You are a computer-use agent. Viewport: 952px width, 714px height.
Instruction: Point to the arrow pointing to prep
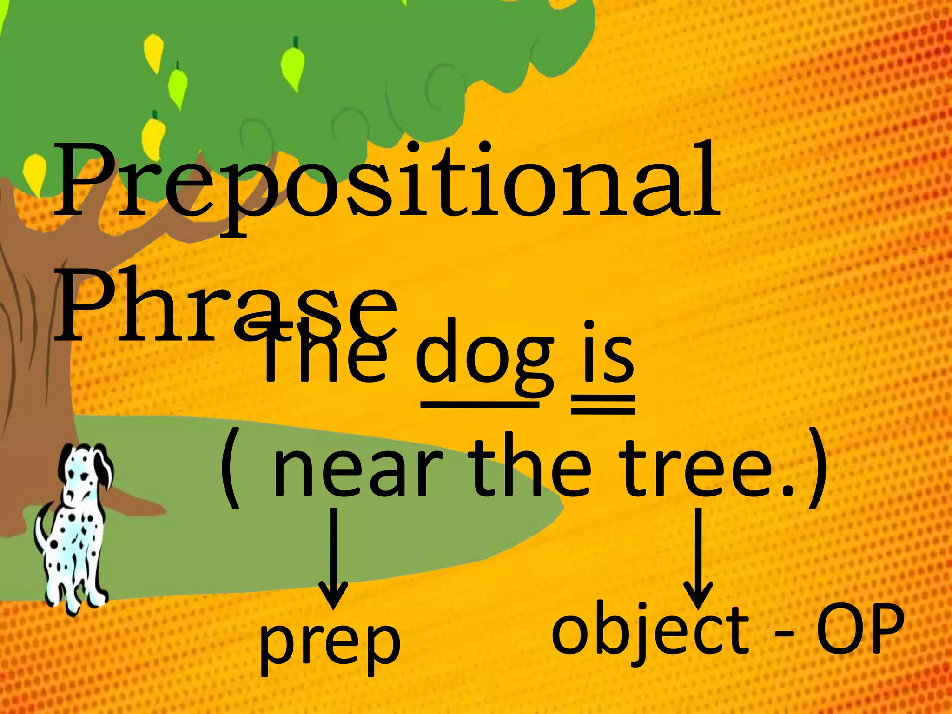pyautogui.click(x=333, y=558)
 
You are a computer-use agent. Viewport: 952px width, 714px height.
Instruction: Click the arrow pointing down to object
pyautogui.click(x=697, y=558)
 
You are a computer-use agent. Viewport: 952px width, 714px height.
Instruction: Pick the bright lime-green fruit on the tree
pyautogui.click(x=293, y=65)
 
